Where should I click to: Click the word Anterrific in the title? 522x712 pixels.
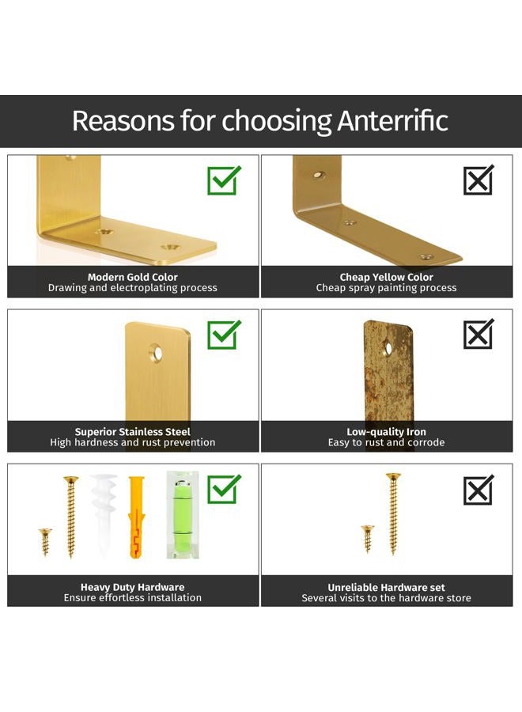[x=392, y=121]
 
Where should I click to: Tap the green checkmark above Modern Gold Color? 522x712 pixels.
[x=223, y=180]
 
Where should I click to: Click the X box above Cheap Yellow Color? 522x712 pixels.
[x=478, y=180]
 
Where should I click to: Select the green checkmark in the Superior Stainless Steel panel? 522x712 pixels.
[x=223, y=335]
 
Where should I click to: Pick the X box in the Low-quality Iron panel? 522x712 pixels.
[x=478, y=334]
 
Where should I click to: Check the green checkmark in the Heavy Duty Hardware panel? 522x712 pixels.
[x=223, y=489]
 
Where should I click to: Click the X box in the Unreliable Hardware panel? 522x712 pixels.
[x=478, y=490]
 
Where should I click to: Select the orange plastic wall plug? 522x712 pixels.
[x=136, y=517]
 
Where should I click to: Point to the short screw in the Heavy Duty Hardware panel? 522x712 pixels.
[x=45, y=542]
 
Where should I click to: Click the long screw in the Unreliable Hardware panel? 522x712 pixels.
[x=393, y=513]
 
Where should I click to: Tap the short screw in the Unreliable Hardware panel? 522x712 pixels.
[x=368, y=539]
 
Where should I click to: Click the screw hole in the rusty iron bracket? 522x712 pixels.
[x=388, y=349]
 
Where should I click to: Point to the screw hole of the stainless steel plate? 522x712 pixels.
[x=157, y=352]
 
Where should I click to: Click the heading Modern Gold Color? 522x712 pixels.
[x=133, y=277]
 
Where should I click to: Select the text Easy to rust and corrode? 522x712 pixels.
[x=386, y=442]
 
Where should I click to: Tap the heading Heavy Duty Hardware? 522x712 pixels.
[x=133, y=587]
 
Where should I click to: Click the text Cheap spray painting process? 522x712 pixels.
[x=386, y=288]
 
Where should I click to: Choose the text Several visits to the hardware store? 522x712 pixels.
[x=386, y=598]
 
